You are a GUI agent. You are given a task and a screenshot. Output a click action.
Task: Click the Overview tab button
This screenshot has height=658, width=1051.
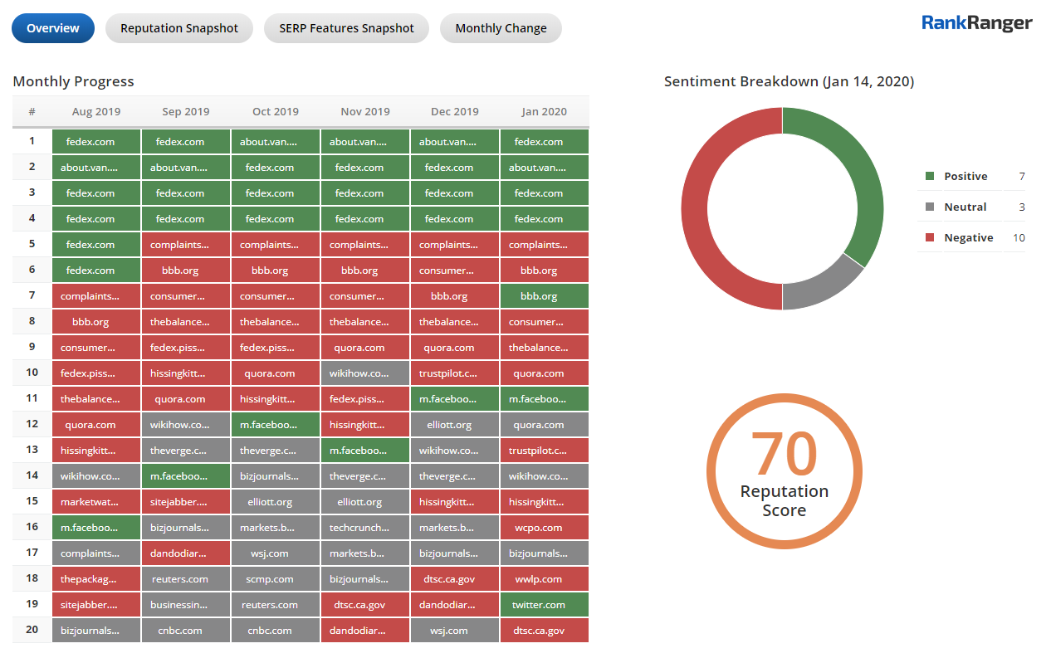pyautogui.click(x=53, y=28)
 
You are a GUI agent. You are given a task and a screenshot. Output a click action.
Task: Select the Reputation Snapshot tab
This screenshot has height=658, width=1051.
pyautogui.click(x=179, y=28)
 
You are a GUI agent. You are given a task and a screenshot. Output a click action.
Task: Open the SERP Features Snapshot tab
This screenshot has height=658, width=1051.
pyautogui.click(x=346, y=28)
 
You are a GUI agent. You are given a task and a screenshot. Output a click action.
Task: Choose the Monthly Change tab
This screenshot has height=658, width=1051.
pyautogui.click(x=501, y=28)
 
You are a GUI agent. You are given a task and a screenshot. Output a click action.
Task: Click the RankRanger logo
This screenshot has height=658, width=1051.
pyautogui.click(x=977, y=23)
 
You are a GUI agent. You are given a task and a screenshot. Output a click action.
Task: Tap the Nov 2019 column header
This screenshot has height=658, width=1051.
pyautogui.click(x=365, y=112)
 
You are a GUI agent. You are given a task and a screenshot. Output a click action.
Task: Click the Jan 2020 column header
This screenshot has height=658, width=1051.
pyautogui.click(x=545, y=112)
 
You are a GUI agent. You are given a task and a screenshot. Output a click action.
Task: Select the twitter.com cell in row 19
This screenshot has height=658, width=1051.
pyautogui.click(x=545, y=605)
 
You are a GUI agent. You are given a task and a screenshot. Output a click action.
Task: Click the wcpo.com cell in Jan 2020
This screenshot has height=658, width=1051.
pyautogui.click(x=545, y=528)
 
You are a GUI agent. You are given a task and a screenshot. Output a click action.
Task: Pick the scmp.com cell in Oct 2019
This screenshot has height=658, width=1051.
pyautogui.click(x=276, y=579)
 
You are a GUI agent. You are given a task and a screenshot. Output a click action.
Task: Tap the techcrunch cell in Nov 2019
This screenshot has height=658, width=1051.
pyautogui.click(x=365, y=528)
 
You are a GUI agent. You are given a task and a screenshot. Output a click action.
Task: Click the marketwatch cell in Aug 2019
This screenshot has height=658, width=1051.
pyautogui.click(x=96, y=502)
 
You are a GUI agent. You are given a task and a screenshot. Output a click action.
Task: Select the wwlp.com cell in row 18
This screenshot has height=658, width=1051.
pyautogui.click(x=545, y=579)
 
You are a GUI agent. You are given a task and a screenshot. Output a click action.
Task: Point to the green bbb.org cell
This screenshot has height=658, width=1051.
pyautogui.click(x=545, y=296)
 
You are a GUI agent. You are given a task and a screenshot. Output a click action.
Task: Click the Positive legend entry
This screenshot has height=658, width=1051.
pyautogui.click(x=965, y=177)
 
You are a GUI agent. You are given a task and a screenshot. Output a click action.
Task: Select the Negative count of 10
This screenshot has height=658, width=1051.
pyautogui.click(x=1019, y=238)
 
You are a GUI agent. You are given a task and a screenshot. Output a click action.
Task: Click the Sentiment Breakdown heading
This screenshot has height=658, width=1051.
pyautogui.click(x=789, y=81)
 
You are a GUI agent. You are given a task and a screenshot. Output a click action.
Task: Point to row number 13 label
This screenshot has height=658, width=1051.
pyautogui.click(x=32, y=451)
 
